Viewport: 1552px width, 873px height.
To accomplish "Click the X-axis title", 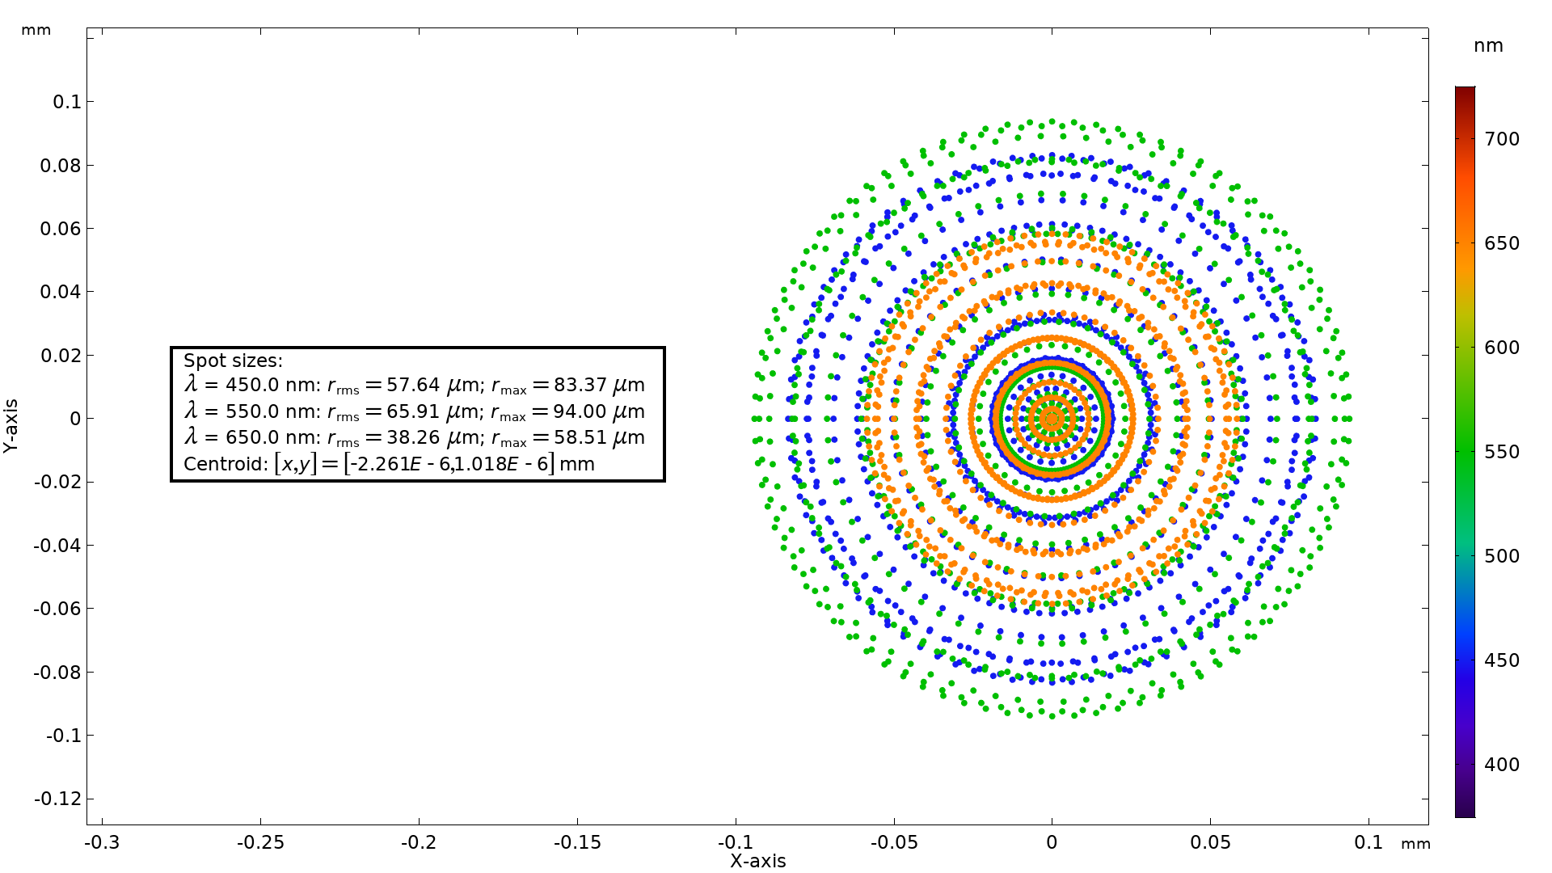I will pos(757,861).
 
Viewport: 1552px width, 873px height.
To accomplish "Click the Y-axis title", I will pos(11,426).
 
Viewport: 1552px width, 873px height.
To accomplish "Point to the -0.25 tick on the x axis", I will pos(260,842).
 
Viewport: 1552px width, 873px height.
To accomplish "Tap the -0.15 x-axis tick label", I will pos(577,842).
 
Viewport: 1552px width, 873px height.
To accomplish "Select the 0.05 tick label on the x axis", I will pos(1210,842).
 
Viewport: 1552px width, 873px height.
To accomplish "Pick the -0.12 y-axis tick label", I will pos(58,799).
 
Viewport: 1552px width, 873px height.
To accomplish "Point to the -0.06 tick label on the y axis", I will pos(58,609).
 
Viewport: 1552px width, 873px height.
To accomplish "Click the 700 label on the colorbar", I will pos(1502,139).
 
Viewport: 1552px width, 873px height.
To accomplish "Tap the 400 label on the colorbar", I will pos(1502,765).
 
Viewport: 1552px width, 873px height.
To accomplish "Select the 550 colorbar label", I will pos(1502,452).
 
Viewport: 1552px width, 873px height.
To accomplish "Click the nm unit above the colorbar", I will pos(1488,46).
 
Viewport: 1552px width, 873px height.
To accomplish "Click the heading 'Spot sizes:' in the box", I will pos(233,361).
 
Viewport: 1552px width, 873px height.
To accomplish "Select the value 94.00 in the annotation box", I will pos(580,411).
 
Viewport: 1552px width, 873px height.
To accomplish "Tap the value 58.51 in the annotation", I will pos(580,438).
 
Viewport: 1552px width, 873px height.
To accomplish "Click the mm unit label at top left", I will pos(36,30).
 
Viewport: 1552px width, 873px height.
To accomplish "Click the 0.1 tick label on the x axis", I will pos(1369,842).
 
